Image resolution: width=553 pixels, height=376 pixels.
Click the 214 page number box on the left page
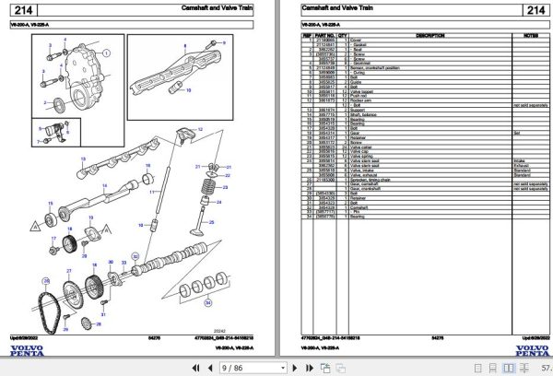pyautogui.click(x=27, y=11)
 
